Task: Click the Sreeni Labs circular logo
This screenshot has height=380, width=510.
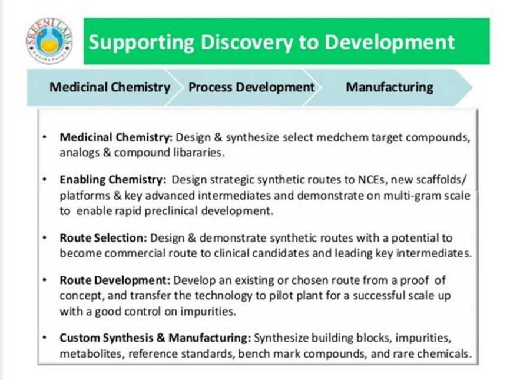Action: (x=49, y=41)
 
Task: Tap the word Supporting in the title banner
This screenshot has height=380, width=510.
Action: (x=142, y=43)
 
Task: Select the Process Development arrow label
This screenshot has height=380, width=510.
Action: (x=251, y=87)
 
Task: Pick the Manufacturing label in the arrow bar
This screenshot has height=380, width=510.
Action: (x=389, y=87)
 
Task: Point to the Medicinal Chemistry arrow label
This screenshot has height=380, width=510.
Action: (x=110, y=87)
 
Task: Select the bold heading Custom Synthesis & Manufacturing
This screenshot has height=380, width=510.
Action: (x=155, y=338)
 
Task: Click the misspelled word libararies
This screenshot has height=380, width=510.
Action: (x=198, y=152)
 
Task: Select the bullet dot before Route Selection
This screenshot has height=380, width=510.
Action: (x=45, y=238)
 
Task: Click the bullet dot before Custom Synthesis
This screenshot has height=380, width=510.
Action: (x=45, y=338)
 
